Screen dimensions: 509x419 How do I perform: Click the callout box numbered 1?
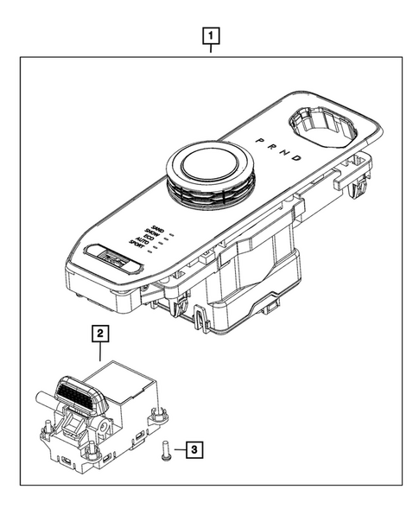coord(209,36)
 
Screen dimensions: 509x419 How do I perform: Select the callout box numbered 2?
coord(101,332)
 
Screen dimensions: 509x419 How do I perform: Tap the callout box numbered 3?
coord(196,449)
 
